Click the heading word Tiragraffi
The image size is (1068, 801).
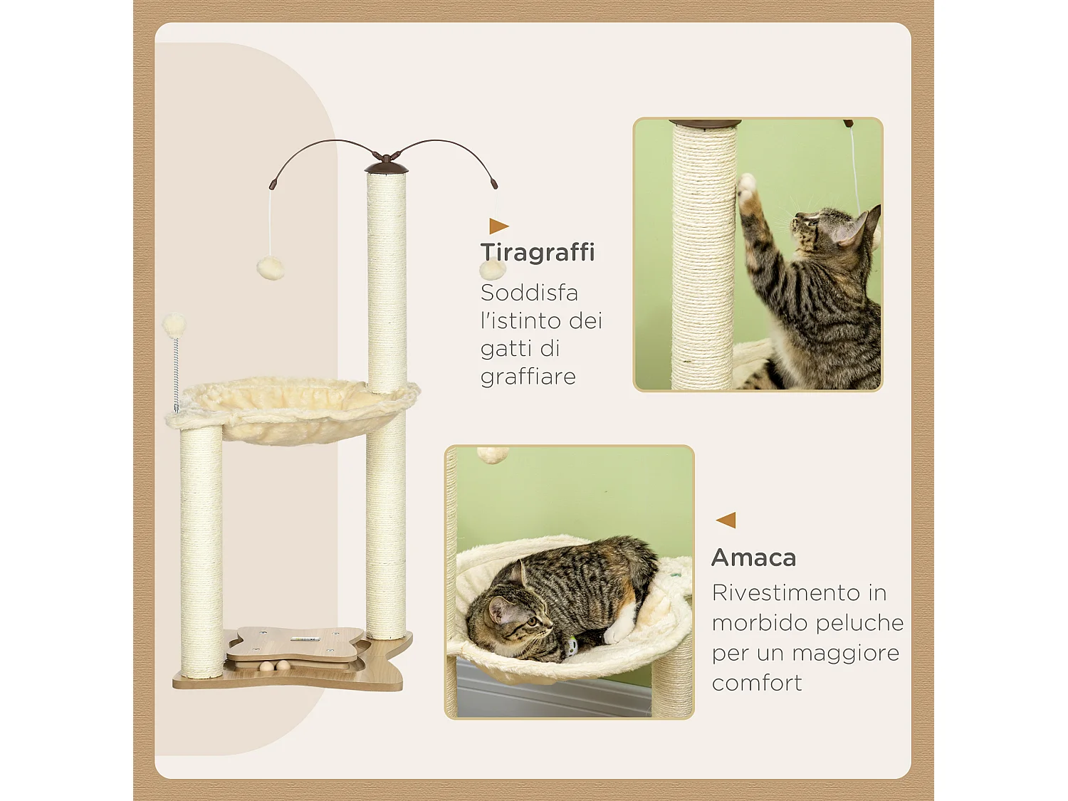pos(538,252)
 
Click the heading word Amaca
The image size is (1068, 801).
pos(753,557)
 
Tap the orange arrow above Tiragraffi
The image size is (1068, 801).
pos(498,226)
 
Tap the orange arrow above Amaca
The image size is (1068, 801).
pos(726,520)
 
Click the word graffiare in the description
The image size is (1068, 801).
pos(528,376)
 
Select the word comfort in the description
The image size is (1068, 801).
pos(757,683)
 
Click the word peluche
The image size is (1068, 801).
pos(860,623)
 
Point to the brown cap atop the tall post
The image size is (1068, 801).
pos(387,168)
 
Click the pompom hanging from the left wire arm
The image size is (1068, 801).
pos(271,268)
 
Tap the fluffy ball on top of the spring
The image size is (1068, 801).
pos(174,325)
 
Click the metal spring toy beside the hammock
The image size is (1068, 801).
pos(176,374)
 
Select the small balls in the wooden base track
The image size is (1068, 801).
pos(274,667)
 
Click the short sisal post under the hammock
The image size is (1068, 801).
pos(201,552)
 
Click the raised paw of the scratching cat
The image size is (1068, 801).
pos(746,187)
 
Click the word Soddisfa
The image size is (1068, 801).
pos(529,293)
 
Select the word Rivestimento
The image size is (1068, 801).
pos(786,592)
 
